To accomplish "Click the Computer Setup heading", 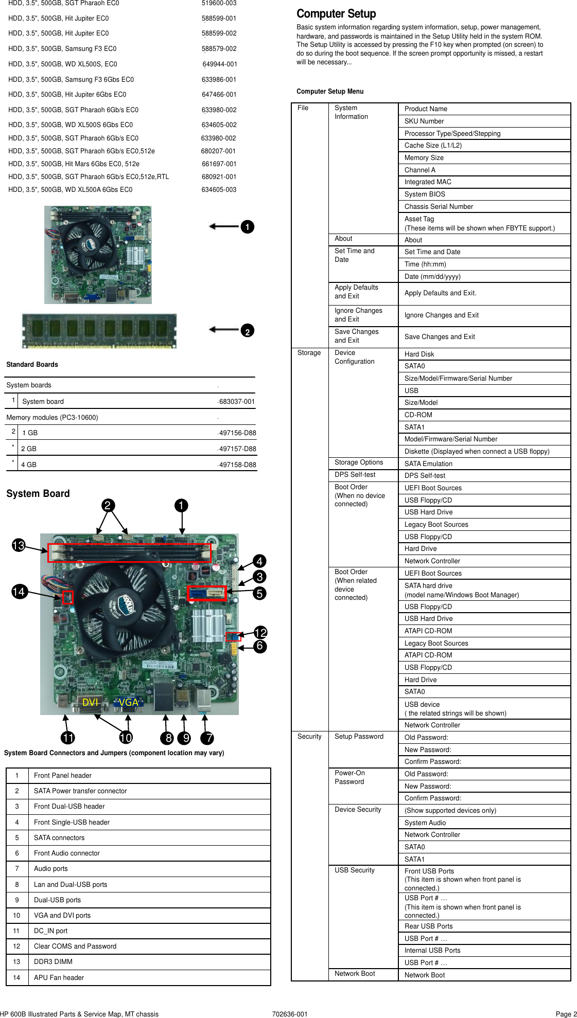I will pyautogui.click(x=336, y=14).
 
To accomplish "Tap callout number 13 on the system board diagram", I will pyautogui.click(x=19, y=545).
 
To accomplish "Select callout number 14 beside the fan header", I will pyautogui.click(x=19, y=592).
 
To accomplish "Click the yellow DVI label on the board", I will pyautogui.click(x=90, y=702).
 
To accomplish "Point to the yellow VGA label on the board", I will pyautogui.click(x=128, y=702).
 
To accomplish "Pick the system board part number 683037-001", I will pyautogui.click(x=237, y=402).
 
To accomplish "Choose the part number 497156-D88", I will pyautogui.click(x=237, y=433).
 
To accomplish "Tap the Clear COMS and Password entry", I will pyautogui.click(x=75, y=946).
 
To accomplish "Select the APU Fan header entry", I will pyautogui.click(x=59, y=977).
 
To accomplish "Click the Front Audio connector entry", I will pyautogui.click(x=67, y=853).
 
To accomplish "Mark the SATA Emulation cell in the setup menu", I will pyautogui.click(x=428, y=463).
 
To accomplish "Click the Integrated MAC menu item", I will pyautogui.click(x=428, y=182).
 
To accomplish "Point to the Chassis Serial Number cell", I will pyautogui.click(x=439, y=206).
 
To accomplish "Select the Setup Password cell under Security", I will pyautogui.click(x=359, y=737).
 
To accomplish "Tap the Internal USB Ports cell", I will pyautogui.click(x=432, y=950).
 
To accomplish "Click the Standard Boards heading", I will pyautogui.click(x=32, y=364).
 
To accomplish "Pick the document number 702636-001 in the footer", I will pyautogui.click(x=290, y=1014).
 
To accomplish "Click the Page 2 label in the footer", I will pyautogui.click(x=566, y=1014).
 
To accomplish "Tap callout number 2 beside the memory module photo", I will pyautogui.click(x=248, y=331).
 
